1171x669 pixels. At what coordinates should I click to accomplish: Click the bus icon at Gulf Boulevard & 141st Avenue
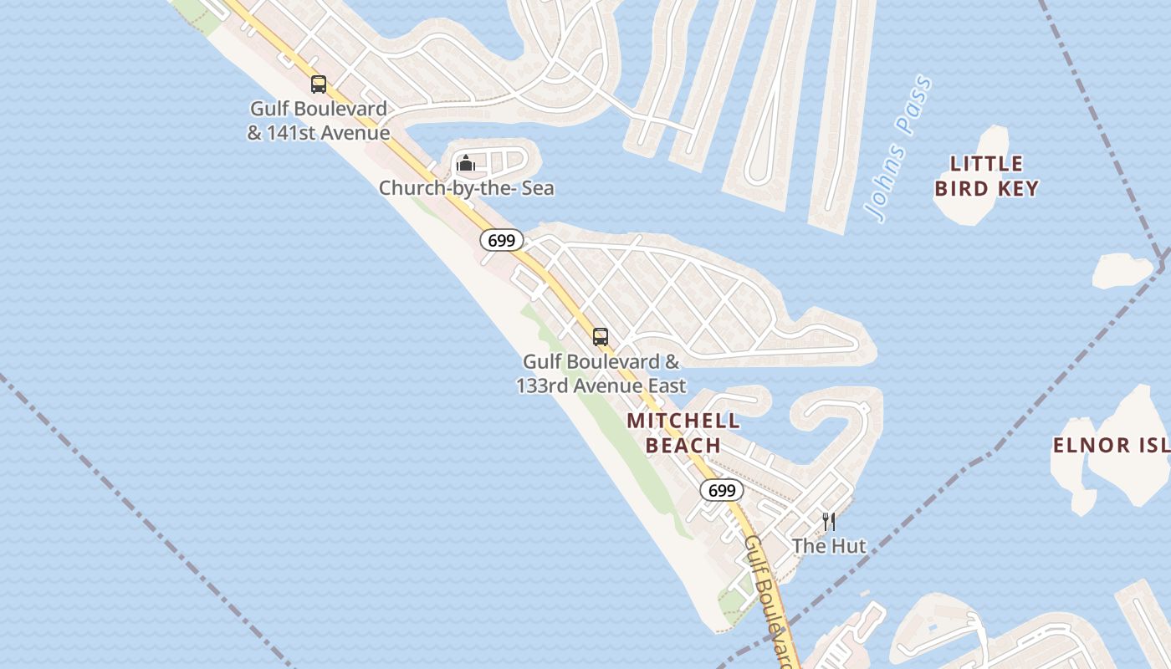319,84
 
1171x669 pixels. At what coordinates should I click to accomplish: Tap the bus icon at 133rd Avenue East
601,337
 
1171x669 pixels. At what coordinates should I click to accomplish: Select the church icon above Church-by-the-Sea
466,162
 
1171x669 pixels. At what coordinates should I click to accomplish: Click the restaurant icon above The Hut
829,522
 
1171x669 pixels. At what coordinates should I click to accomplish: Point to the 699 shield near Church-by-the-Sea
502,241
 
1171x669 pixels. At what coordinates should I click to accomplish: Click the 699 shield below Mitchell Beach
722,490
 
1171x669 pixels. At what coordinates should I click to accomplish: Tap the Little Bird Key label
987,176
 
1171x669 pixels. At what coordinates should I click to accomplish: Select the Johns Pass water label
900,149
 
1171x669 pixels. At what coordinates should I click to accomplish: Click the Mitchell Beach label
683,432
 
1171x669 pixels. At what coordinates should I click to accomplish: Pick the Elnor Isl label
1111,445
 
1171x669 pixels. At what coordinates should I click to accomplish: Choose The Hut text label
829,547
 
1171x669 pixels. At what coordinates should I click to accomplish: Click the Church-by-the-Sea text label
466,188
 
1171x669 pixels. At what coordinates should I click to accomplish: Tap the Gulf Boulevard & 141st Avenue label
319,120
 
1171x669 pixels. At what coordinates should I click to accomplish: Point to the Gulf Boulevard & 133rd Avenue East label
601,374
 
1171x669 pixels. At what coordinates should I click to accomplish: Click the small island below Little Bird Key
1123,270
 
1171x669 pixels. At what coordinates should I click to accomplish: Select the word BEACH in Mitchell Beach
683,446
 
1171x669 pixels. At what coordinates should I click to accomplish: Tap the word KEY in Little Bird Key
1017,188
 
